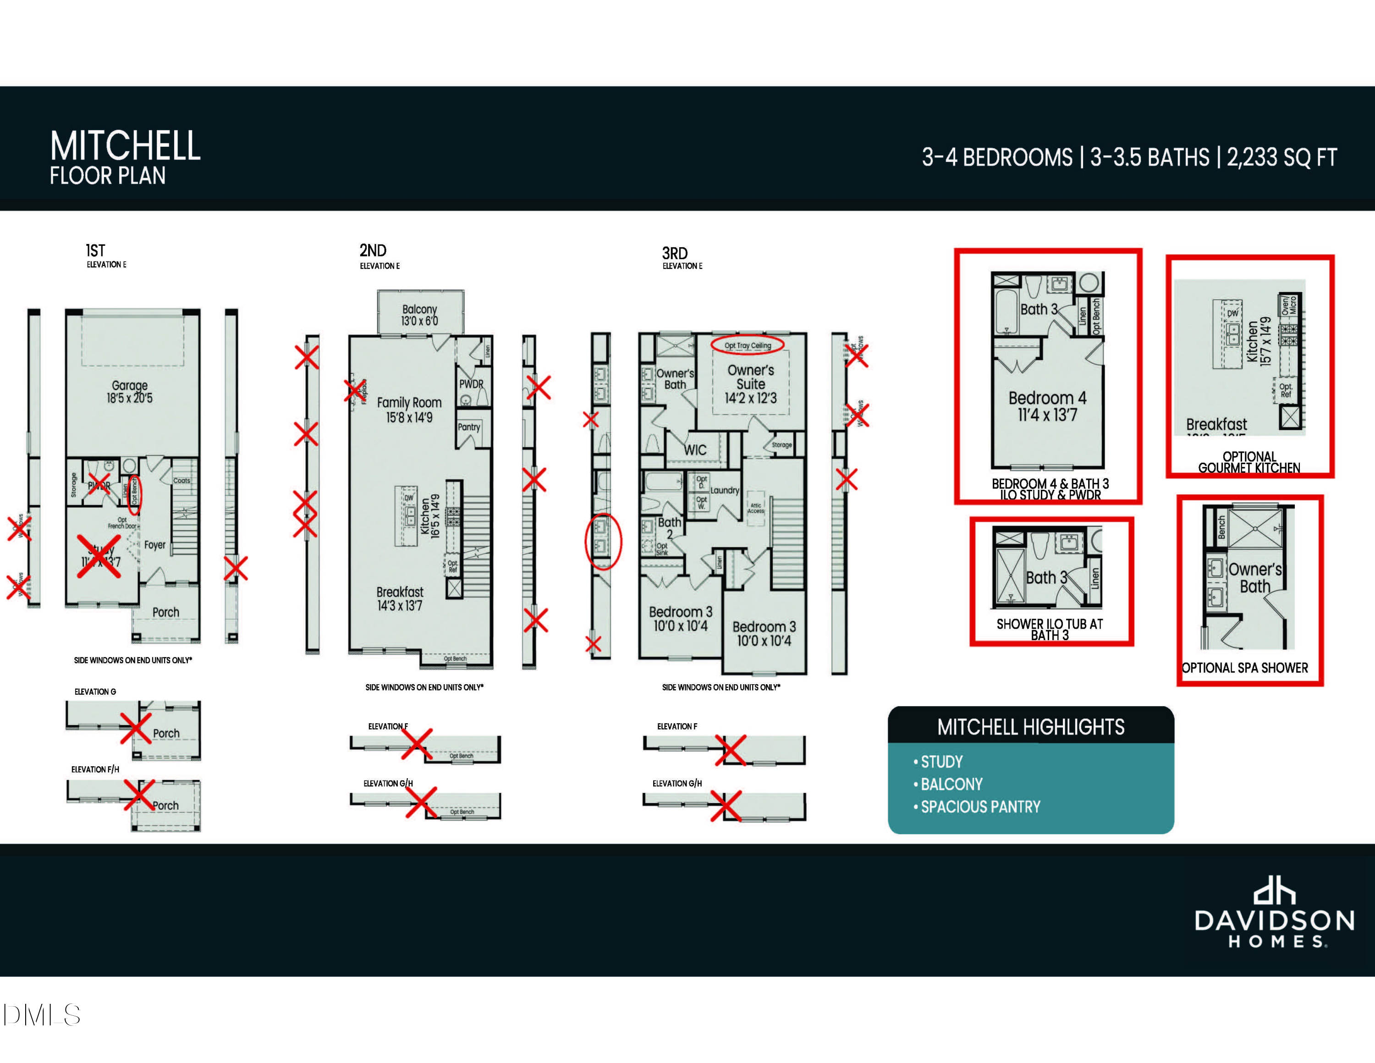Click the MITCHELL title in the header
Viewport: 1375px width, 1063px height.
[125, 146]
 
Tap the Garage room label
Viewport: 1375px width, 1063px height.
[130, 385]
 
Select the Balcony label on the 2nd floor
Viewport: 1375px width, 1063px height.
[419, 309]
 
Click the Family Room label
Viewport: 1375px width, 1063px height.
[409, 402]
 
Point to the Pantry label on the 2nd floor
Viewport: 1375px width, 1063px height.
[469, 427]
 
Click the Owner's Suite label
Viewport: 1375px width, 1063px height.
[750, 377]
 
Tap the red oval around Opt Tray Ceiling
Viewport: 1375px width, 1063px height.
[747, 345]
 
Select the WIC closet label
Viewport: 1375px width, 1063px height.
[695, 449]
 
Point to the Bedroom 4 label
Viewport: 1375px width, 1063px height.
[1047, 398]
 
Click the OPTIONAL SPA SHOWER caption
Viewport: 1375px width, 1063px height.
[1245, 668]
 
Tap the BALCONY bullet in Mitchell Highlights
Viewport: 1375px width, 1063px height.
[951, 784]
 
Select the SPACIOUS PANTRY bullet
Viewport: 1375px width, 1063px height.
[980, 807]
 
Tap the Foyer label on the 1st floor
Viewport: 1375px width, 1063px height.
[155, 545]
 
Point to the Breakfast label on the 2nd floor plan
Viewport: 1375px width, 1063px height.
[400, 592]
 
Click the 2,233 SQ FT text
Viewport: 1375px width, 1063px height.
[1282, 157]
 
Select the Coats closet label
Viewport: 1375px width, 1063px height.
[182, 481]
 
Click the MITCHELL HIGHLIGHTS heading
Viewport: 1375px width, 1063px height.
[1031, 727]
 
